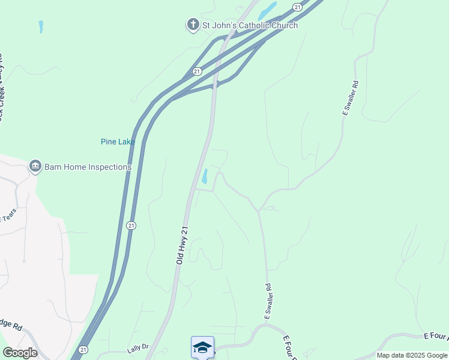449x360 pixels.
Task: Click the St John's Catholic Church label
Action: (250, 25)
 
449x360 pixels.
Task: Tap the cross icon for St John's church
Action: (193, 25)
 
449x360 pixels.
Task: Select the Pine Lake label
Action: (118, 142)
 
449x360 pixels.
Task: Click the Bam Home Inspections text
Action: (88, 167)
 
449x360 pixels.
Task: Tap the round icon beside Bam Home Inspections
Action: (35, 166)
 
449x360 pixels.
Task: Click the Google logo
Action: (19, 353)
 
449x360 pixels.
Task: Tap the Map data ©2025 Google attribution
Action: (412, 355)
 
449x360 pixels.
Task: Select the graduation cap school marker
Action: (202, 347)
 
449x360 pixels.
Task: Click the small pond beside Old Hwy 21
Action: (205, 176)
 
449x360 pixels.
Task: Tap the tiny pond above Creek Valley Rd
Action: (41, 26)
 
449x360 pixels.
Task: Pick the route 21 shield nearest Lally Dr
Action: (83, 349)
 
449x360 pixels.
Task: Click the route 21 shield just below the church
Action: (197, 71)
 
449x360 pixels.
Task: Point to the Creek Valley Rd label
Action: (2, 90)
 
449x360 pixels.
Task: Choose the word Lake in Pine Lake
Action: (126, 142)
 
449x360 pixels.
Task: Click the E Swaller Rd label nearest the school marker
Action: (268, 301)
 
